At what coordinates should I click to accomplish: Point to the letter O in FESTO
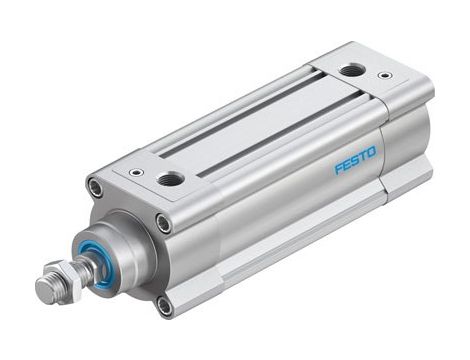[372, 151]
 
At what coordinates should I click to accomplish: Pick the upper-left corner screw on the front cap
[95, 186]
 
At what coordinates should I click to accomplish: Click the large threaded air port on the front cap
[170, 179]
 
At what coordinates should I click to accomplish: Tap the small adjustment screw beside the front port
[135, 172]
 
